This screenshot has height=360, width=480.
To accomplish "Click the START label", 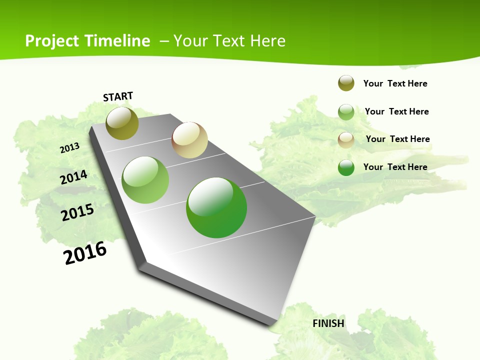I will point(118,96).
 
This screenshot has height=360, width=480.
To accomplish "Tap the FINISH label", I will point(328,323).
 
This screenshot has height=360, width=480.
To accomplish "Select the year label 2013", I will point(69,148).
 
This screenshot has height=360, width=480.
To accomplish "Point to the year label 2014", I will point(73,177).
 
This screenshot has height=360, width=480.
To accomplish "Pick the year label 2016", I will point(85,253).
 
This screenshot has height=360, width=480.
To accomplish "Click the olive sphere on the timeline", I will point(122,123).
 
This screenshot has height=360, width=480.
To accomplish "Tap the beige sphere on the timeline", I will point(189,140).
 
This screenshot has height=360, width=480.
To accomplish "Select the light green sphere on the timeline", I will point(145,180).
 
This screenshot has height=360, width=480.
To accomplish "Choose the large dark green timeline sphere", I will point(216,207).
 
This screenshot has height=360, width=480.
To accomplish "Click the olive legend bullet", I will point(346,83).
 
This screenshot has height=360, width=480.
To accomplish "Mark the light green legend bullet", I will point(346,112).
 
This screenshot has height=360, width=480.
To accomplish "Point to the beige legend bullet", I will point(346,140).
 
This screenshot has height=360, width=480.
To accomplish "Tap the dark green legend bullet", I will point(346,167).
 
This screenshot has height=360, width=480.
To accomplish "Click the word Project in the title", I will point(52,41).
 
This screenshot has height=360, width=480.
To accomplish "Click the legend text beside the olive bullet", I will point(395,83).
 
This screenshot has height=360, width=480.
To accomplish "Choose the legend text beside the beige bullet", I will point(397,139).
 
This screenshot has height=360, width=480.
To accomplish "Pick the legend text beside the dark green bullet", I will point(395,167).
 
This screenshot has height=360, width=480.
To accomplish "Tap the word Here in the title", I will point(267,41).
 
